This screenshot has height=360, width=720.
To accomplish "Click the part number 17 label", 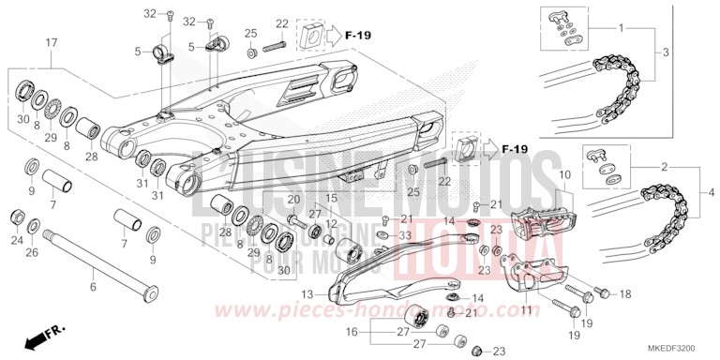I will pyautogui.click(x=51, y=42).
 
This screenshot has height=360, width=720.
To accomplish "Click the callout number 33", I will pyautogui.click(x=405, y=235).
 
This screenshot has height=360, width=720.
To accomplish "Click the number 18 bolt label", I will pyautogui.click(x=624, y=293).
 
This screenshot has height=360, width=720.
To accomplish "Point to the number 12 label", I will pyautogui.click(x=332, y=225).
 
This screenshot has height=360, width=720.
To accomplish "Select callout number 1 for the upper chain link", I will pyautogui.click(x=622, y=29).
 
